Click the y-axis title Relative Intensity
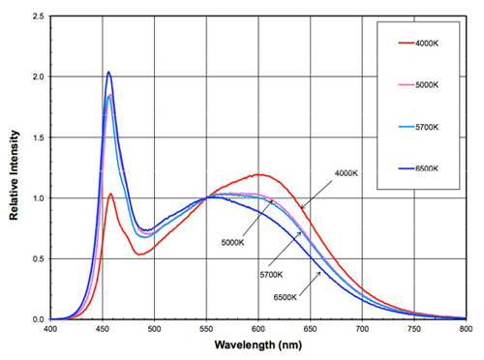[x=15, y=167]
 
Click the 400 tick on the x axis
[x=51, y=330]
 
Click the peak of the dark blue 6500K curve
[x=108, y=73]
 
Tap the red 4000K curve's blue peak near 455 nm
[x=110, y=194]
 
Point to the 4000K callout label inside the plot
[x=348, y=174]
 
